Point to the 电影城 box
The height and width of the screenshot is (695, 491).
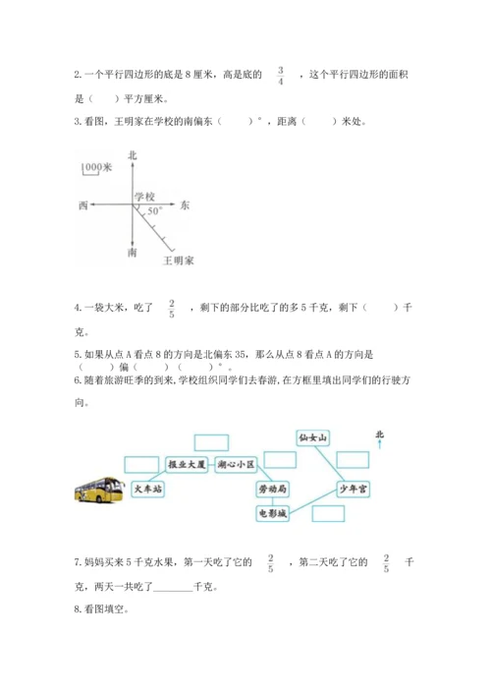click(270, 512)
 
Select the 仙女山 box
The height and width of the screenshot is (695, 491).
click(316, 435)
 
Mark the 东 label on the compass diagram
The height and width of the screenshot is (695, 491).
click(185, 205)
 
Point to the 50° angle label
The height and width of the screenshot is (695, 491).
click(154, 212)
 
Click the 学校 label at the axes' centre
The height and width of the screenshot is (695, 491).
click(144, 197)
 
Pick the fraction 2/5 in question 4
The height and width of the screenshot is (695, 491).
click(171, 309)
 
